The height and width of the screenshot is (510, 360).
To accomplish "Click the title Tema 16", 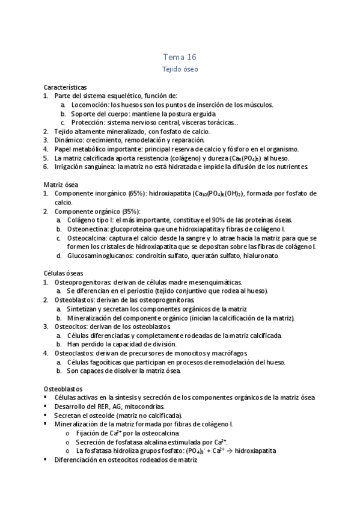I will pos(180,57).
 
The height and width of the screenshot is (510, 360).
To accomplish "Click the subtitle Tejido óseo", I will pos(180,70).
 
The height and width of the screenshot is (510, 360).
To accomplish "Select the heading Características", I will pos(66,87).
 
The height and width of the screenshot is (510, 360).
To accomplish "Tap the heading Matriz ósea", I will pos(61,185).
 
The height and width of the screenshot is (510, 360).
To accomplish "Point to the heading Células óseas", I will pos(63,273).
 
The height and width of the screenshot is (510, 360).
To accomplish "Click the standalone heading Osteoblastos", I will pos(64,389).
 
